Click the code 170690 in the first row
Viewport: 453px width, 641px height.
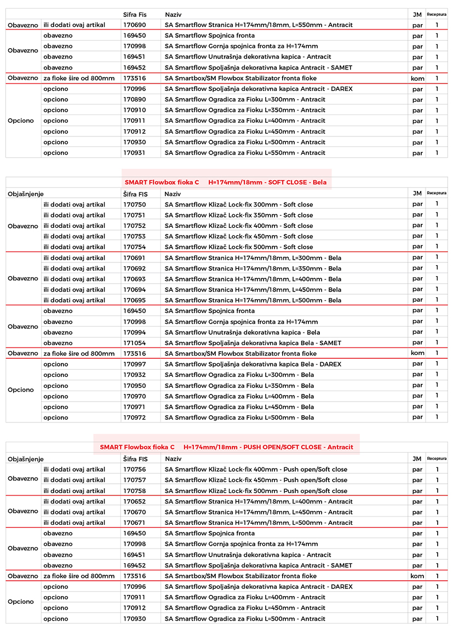point(134,25)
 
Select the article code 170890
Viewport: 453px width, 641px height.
point(134,100)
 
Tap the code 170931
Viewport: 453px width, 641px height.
point(134,153)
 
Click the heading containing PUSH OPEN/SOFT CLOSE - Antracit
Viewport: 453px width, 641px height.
point(226,447)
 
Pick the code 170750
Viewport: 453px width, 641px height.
point(134,204)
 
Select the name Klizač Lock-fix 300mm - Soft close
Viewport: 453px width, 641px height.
point(239,204)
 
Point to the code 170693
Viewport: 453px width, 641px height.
point(134,279)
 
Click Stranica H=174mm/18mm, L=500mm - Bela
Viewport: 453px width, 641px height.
point(253,300)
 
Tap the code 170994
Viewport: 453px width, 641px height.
point(134,333)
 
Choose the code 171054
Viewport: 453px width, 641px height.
point(134,343)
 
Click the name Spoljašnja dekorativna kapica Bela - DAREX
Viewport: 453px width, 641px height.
point(253,364)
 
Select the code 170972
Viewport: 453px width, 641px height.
point(134,417)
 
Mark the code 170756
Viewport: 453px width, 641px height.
point(134,470)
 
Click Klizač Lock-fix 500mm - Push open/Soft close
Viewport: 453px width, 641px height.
point(256,491)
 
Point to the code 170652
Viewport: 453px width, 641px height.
point(134,501)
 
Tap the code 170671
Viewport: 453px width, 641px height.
point(134,523)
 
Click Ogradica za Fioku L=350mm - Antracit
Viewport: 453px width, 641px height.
point(245,110)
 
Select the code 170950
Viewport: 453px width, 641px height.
point(134,386)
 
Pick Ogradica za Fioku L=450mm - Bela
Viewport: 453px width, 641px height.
point(239,407)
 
